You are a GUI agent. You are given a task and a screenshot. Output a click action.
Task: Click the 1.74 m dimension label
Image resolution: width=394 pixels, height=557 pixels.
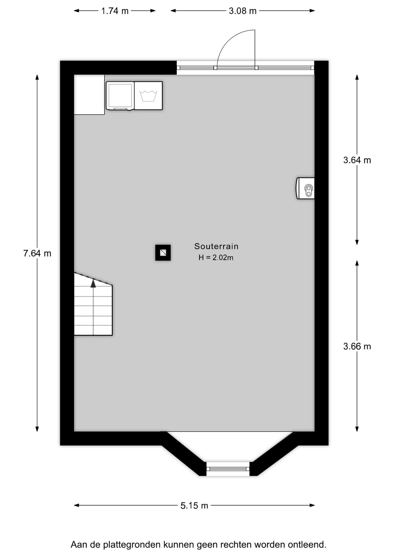[115, 11]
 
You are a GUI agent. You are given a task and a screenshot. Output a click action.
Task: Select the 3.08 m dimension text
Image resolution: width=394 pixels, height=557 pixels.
[243, 11]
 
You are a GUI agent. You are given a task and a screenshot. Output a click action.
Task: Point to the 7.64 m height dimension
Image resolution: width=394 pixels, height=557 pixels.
[37, 253]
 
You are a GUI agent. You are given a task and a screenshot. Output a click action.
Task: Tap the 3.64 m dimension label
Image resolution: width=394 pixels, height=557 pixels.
[357, 160]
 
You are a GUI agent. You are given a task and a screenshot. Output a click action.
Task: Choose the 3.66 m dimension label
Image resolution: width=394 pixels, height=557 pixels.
[357, 346]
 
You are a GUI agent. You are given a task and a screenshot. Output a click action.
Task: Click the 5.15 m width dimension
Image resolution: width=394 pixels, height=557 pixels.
[194, 506]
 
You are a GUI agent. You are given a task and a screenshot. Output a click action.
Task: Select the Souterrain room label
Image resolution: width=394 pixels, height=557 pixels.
[216, 246]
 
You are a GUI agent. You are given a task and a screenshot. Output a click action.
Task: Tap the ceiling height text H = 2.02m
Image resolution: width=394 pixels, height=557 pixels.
[216, 258]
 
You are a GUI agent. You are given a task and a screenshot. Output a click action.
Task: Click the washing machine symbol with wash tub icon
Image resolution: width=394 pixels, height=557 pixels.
[148, 96]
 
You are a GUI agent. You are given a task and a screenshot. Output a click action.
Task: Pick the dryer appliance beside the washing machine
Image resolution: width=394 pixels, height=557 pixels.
[120, 96]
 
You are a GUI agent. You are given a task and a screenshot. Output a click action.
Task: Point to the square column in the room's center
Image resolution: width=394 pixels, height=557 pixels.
[163, 253]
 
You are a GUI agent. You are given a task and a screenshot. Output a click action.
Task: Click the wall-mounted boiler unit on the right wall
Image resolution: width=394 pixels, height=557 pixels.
[306, 188]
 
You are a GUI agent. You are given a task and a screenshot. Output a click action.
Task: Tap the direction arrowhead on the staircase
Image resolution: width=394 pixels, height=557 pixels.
[93, 283]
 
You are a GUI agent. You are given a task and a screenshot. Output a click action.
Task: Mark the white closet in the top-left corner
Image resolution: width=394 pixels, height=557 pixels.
[89, 95]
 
